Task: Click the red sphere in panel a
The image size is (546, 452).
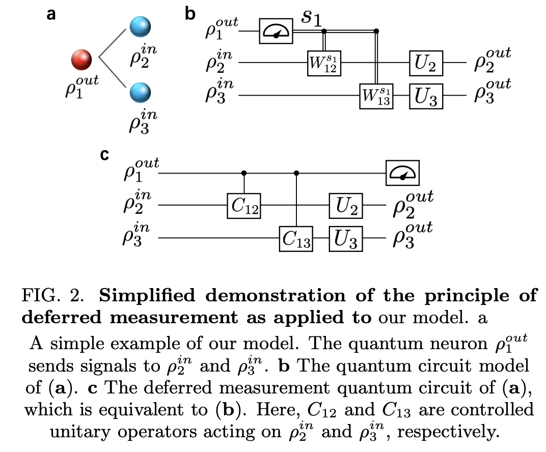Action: pyautogui.click(x=81, y=60)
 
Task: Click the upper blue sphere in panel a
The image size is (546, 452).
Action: pyautogui.click(x=140, y=27)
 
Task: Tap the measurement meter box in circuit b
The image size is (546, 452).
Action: pyautogui.click(x=275, y=32)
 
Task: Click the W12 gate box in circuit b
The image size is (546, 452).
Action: pyautogui.click(x=323, y=63)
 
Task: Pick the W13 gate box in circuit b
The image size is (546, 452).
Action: pyautogui.click(x=376, y=96)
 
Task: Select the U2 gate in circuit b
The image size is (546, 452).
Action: pyautogui.click(x=426, y=63)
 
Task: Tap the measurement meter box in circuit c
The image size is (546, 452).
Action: pyautogui.click(x=401, y=173)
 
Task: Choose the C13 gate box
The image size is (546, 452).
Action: pyautogui.click(x=296, y=238)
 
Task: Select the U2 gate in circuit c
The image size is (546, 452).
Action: pyautogui.click(x=346, y=206)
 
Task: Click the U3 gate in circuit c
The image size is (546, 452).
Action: pyautogui.click(x=346, y=238)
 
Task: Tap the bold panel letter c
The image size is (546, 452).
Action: pyautogui.click(x=105, y=154)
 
